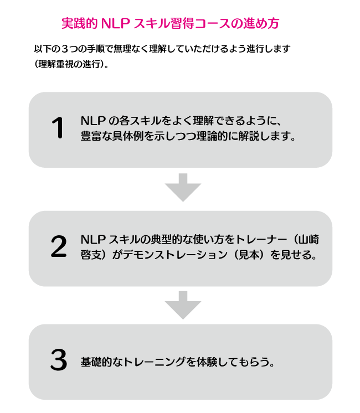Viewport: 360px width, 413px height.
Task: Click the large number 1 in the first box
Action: pyautogui.click(x=58, y=127)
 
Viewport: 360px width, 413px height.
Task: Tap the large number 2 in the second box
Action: pyautogui.click(x=59, y=246)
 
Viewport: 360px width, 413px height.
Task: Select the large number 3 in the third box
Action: pyautogui.click(x=59, y=359)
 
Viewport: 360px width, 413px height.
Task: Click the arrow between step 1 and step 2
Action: pyautogui.click(x=183, y=188)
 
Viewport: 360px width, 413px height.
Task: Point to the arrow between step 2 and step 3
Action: pyautogui.click(x=183, y=305)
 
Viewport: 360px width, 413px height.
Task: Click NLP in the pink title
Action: pyautogui.click(x=115, y=23)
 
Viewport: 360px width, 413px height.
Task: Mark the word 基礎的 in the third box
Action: pyautogui.click(x=96, y=362)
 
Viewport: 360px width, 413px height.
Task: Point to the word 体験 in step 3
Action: pyautogui.click(x=207, y=362)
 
